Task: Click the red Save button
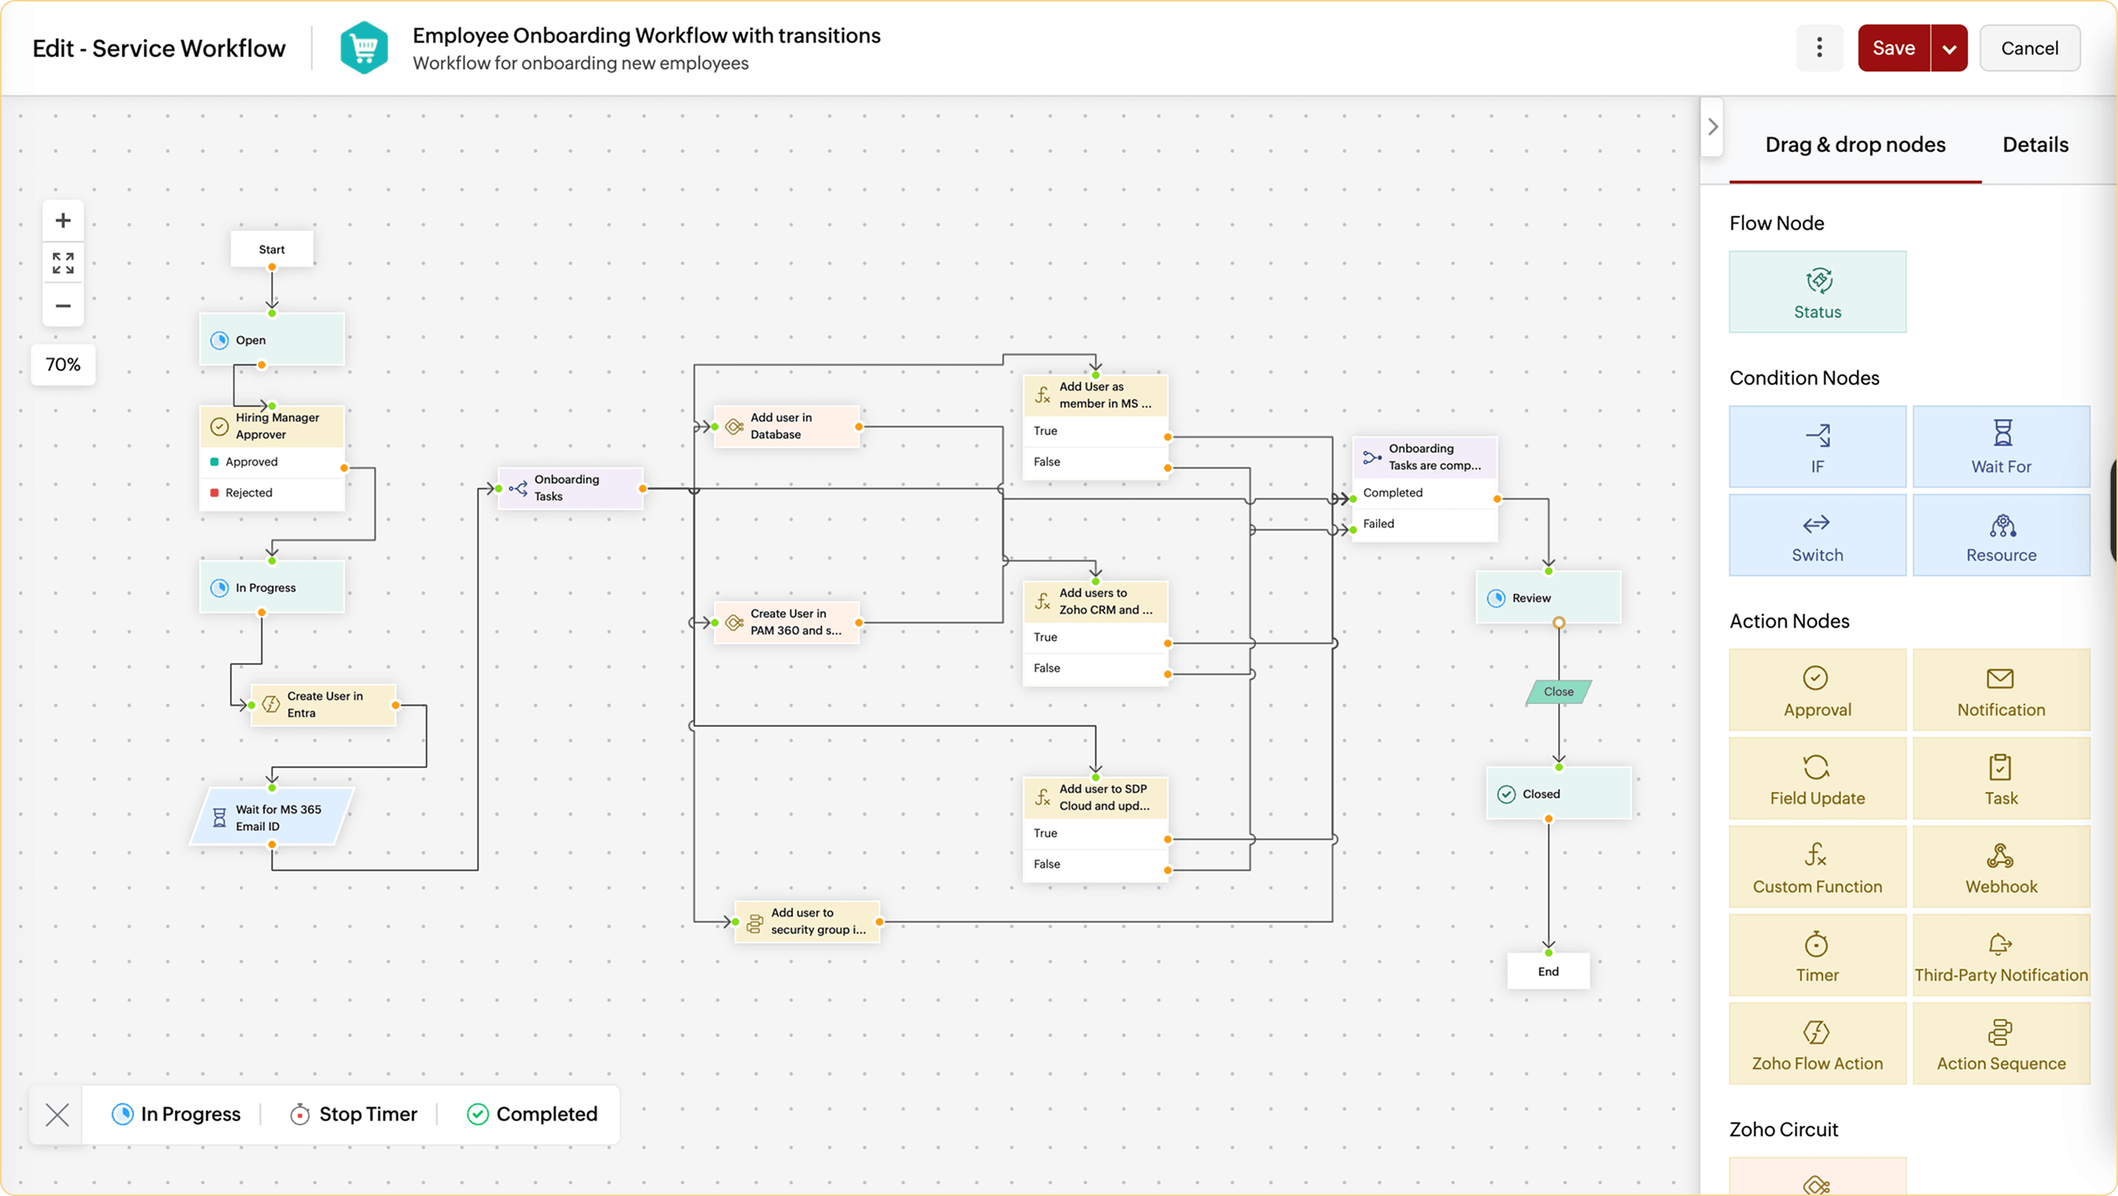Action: [1893, 48]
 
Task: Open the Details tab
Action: [2034, 145]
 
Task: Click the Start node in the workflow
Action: [272, 249]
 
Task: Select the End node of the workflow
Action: [1548, 971]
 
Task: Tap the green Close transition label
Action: [1558, 692]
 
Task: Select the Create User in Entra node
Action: [324, 705]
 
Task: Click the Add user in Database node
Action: [786, 426]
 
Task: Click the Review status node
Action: [1548, 598]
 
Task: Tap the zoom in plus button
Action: [63, 220]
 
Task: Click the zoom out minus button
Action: [63, 306]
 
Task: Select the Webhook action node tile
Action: [2001, 866]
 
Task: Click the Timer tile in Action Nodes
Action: [1817, 955]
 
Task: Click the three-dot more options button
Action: [1818, 48]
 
